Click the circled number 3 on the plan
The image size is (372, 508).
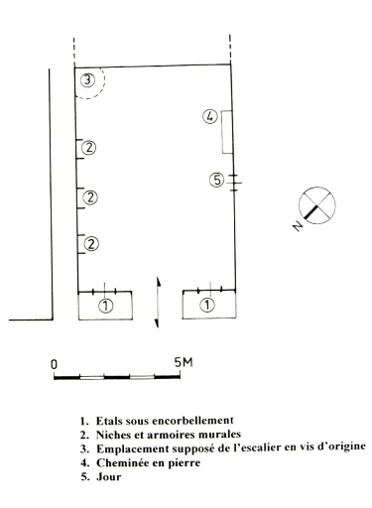[x=87, y=80]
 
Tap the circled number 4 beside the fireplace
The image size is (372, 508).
[x=210, y=117]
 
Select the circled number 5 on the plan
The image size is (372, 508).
[x=217, y=181]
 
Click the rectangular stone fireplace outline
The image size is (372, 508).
[x=226, y=132]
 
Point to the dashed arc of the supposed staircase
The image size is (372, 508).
[x=104, y=82]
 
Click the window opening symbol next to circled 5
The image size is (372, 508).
[x=234, y=183]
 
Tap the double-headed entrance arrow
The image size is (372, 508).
[x=158, y=303]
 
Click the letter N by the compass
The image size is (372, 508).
[x=298, y=226]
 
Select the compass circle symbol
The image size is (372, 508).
[x=317, y=205]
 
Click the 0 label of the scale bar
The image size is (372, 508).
[x=54, y=364]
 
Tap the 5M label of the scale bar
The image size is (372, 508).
[x=184, y=362]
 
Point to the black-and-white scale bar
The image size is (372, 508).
[x=117, y=377]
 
